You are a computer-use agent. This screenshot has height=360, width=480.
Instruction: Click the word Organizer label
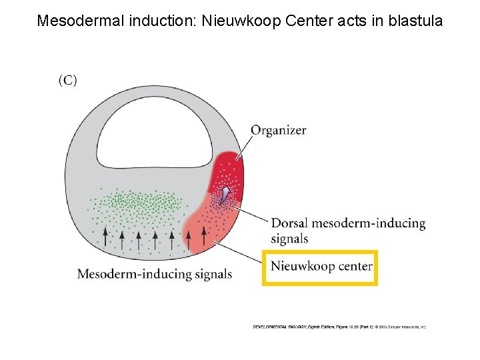(x=278, y=131)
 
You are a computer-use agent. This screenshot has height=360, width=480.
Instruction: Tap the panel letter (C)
(x=68, y=81)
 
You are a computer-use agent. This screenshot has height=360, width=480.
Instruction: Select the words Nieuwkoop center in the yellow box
(x=321, y=267)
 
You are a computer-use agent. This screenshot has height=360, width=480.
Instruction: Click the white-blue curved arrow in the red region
(x=226, y=194)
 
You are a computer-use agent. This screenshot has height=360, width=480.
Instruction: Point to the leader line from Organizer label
(x=243, y=145)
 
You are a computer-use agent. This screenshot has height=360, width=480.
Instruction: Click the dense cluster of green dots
(x=143, y=200)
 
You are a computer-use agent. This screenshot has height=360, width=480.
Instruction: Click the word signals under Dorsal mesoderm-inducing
(x=289, y=239)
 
